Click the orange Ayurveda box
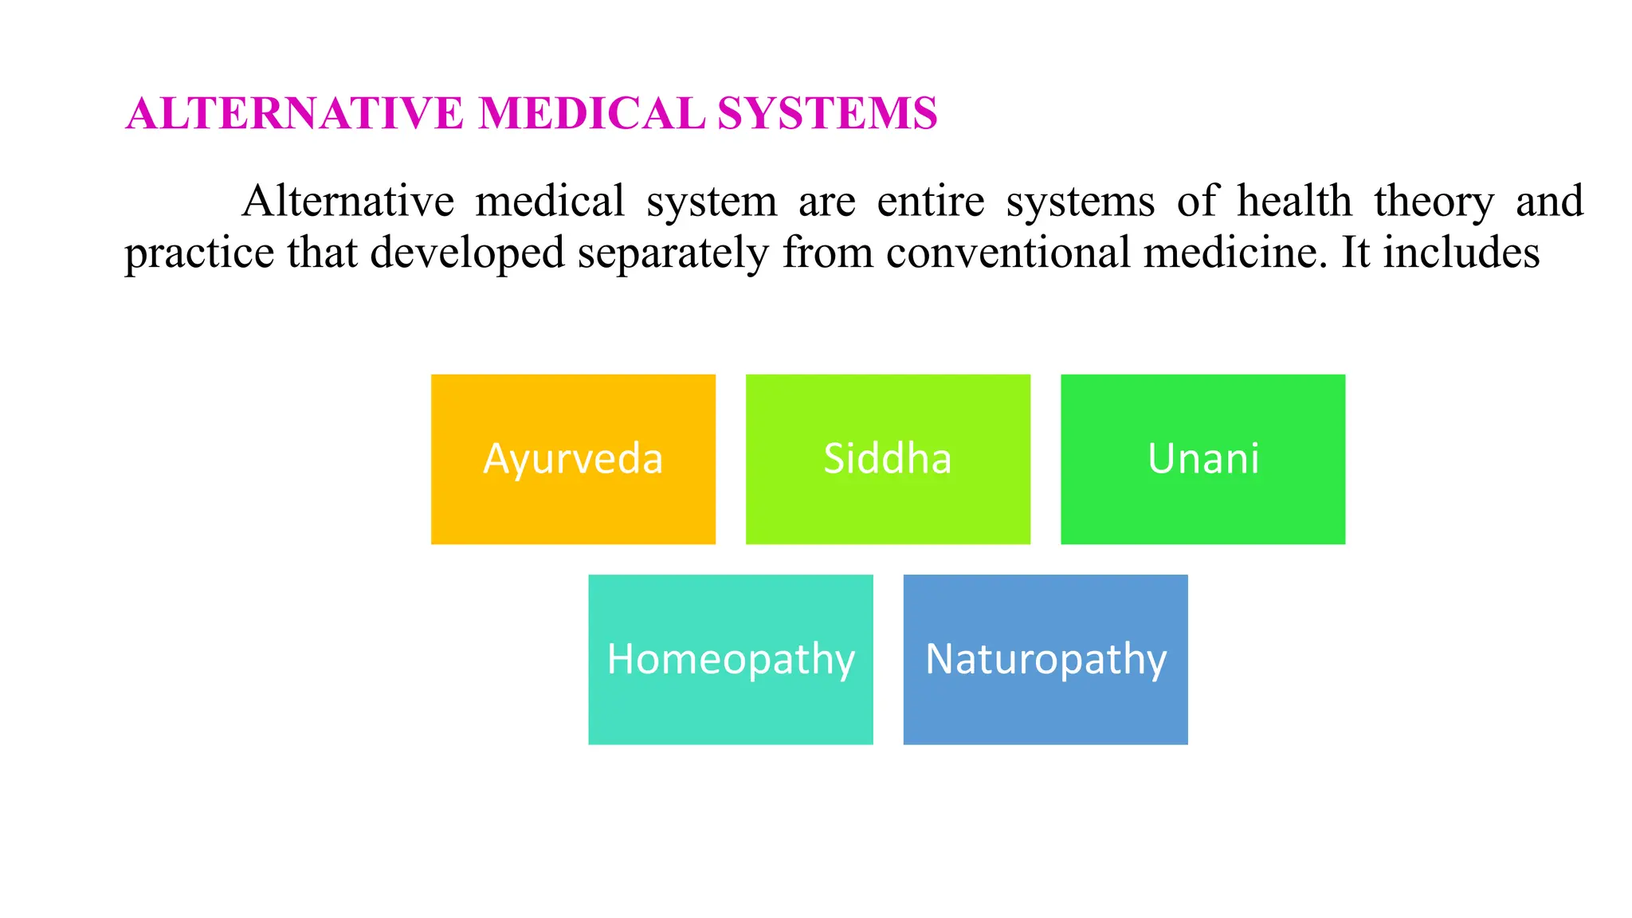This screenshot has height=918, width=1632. pos(573,459)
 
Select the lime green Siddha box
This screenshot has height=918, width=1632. pos(888,459)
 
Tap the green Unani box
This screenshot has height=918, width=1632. pos(1202,459)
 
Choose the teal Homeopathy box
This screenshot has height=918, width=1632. pos(730,659)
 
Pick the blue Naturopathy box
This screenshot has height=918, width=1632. pos(1045,659)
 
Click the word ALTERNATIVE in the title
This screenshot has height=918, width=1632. pos(295,113)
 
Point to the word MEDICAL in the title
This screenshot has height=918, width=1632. pos(591,113)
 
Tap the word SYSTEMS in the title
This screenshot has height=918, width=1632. pos(827,113)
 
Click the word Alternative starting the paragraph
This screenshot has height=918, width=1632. pos(348,201)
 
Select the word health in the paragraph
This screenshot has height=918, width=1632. pos(1294,201)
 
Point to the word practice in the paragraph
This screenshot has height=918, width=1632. pos(199,253)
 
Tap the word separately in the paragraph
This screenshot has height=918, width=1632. pos(673,253)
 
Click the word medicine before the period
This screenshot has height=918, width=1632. pos(1230,253)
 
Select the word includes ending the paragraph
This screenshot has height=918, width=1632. pos(1461,253)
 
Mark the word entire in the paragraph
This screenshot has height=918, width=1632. pos(930,201)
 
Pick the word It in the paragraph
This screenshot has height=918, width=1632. pos(1355,253)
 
